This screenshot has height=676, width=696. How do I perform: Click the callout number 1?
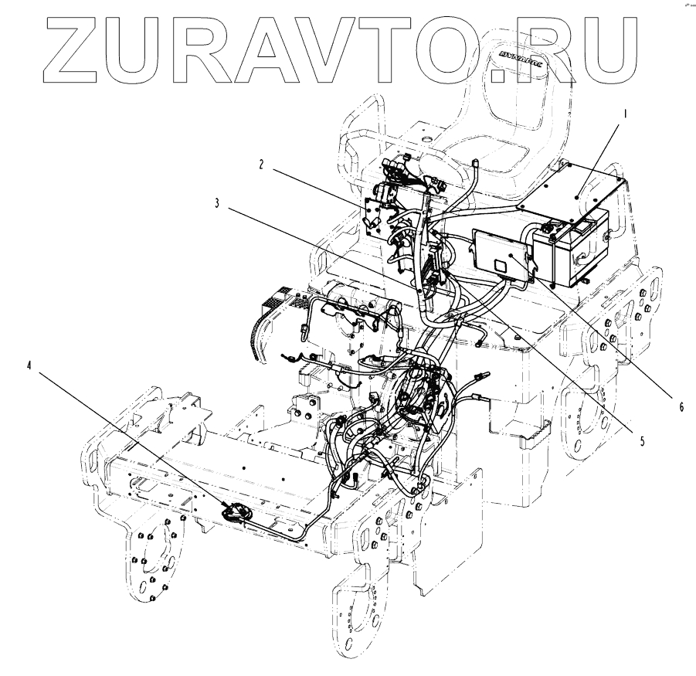[x=626, y=113]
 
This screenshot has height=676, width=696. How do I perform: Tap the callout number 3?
[x=219, y=204]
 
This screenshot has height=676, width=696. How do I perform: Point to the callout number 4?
[x=30, y=366]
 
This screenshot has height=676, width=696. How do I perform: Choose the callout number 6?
[x=681, y=405]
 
